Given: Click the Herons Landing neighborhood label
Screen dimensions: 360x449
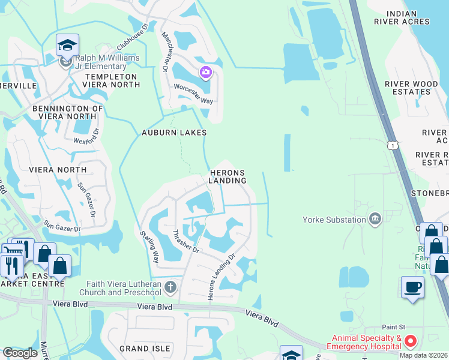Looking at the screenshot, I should [x=228, y=176].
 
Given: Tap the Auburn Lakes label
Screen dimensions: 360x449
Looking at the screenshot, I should [x=174, y=133].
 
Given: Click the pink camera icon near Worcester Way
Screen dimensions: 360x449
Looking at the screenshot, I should [x=206, y=73].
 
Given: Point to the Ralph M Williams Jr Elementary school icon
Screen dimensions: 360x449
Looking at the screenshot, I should [x=67, y=45].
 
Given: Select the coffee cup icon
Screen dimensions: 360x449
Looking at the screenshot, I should [x=412, y=287].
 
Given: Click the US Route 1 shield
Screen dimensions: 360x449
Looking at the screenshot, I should [x=393, y=145].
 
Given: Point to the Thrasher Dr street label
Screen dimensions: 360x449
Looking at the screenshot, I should [x=185, y=242].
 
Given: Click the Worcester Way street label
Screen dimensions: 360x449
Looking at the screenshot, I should [x=193, y=94].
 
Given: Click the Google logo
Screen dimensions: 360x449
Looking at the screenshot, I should [x=20, y=353].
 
